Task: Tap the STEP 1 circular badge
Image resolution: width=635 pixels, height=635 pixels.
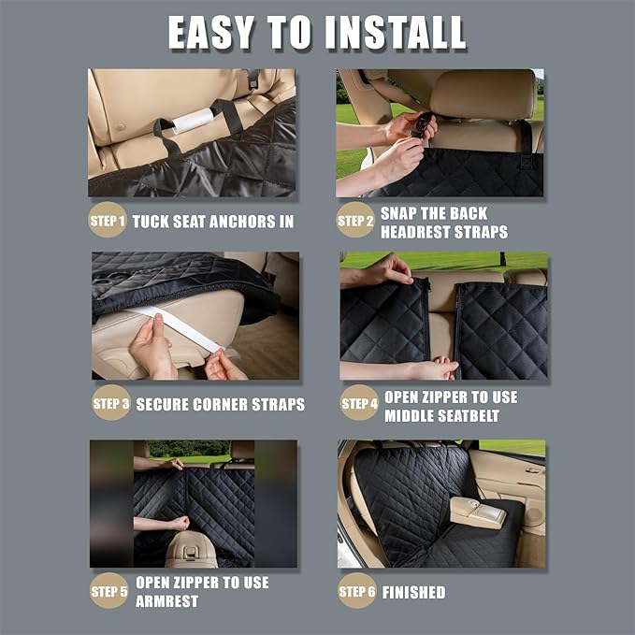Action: point(108,222)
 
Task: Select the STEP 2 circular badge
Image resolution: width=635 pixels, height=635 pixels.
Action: point(355,222)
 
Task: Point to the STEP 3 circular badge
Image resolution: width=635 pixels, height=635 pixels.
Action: point(110,404)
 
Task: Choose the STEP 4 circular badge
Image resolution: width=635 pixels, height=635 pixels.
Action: point(358,404)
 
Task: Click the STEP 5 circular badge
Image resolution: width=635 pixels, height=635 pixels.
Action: point(108,591)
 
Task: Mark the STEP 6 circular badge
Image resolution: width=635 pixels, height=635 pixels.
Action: point(356,591)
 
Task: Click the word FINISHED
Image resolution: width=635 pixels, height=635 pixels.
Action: point(414,592)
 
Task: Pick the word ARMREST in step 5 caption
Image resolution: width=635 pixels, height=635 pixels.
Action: point(167,600)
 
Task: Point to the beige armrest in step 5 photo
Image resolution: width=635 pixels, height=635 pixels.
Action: point(191,551)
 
